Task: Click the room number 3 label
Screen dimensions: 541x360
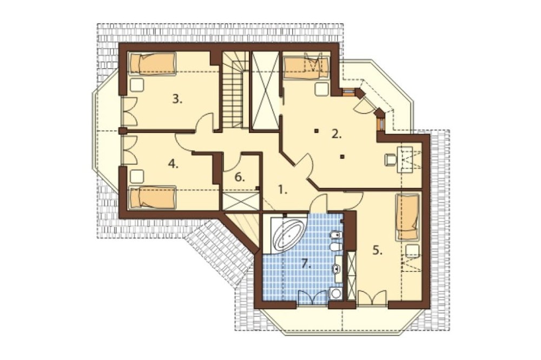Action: pos(177,99)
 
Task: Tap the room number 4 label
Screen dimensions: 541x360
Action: pos(173,164)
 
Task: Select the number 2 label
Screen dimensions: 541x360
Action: pos(337,134)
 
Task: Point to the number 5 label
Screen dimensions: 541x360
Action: pos(378,251)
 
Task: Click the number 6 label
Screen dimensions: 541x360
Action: pos(240,178)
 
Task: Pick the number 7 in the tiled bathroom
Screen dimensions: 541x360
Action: pos(306,264)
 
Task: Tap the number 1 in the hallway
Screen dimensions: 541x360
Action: pos(282,190)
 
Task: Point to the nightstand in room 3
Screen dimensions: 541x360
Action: pos(137,85)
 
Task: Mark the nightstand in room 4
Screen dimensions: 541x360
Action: pos(137,176)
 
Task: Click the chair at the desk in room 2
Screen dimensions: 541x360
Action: pos(390,159)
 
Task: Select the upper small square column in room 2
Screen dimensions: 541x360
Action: pos(316,131)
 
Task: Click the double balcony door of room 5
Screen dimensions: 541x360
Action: pos(372,298)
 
